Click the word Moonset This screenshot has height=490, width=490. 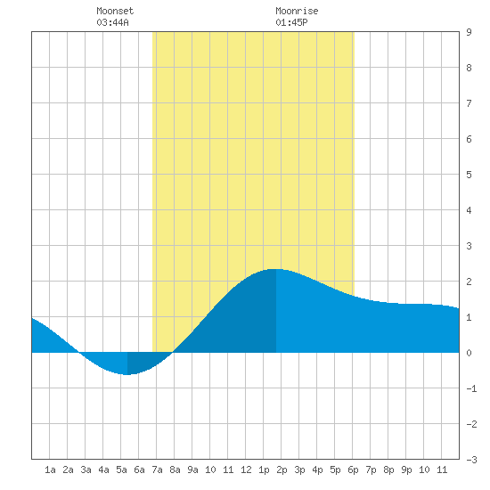115,11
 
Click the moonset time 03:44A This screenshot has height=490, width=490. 112,22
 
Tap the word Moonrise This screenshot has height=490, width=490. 297,11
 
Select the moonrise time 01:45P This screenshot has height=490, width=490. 291,22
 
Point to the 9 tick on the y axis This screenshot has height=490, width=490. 469,32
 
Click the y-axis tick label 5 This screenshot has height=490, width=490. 469,175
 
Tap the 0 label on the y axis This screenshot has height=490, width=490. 469,353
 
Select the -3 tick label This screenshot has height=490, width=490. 471,460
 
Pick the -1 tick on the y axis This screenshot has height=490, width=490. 471,388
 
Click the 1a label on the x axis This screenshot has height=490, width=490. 50,470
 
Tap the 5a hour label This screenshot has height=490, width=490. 121,470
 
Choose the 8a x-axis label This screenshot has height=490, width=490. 175,470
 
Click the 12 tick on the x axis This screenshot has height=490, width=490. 246,470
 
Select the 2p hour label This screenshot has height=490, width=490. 282,470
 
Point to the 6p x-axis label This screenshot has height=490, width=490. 353,470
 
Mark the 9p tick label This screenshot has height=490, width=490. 406,470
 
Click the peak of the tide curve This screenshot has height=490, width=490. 276,269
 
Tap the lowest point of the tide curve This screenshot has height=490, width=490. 127,374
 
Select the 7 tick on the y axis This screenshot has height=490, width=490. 469,103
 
